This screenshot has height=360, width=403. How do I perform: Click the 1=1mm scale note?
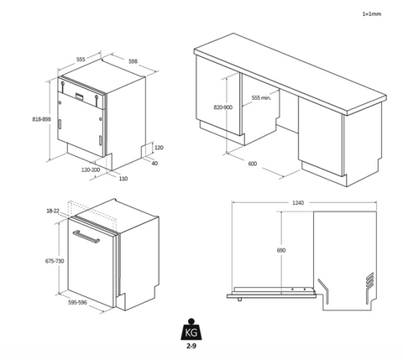(x=372, y=13)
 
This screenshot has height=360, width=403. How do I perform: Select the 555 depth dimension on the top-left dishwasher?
(x=81, y=60)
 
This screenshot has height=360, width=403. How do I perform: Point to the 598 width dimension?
(x=133, y=61)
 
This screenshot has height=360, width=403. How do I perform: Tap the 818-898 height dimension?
(x=42, y=119)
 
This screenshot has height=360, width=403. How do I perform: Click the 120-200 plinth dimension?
(x=91, y=170)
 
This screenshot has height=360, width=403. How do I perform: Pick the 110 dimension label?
(x=123, y=179)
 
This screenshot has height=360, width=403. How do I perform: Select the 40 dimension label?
(x=154, y=163)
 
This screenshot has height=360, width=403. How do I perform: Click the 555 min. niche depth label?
(x=261, y=97)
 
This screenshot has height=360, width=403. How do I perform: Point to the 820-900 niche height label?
(x=223, y=107)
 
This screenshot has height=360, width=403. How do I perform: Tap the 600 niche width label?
(x=253, y=164)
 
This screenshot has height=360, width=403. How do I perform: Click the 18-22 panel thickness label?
(x=53, y=211)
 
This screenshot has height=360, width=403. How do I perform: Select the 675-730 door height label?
(x=55, y=261)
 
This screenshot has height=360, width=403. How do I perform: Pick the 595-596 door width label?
(x=77, y=302)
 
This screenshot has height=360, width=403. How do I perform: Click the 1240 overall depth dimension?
(x=298, y=202)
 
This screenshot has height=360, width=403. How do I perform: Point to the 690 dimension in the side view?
(x=281, y=250)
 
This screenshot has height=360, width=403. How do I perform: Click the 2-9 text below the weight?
(x=191, y=346)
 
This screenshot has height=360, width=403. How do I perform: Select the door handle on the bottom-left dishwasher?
(x=86, y=237)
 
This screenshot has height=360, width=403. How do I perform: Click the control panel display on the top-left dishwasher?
(x=80, y=96)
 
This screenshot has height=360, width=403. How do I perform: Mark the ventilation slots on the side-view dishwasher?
(x=369, y=279)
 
